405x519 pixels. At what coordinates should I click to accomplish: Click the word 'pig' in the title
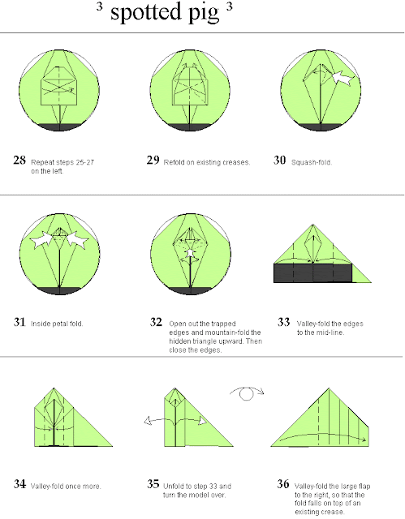coord(204,14)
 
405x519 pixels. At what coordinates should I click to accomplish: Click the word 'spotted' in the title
coord(146,12)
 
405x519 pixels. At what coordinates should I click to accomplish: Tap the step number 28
coord(19,161)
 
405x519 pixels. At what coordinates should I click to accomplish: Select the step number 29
coord(153,161)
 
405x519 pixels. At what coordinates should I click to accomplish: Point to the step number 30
coord(279,161)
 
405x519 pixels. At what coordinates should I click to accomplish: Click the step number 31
coord(19,322)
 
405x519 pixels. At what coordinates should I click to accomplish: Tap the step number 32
coord(156,322)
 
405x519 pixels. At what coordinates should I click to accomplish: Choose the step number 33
coord(283,322)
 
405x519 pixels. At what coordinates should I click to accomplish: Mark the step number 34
coord(19,484)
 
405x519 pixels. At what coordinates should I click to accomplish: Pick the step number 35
coord(153,484)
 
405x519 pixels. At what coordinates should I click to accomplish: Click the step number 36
coord(283,484)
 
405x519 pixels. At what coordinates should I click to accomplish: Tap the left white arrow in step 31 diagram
coord(41,240)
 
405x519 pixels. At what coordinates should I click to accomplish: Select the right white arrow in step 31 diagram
coord(77,240)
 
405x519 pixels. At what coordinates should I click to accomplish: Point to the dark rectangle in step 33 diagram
coord(312,273)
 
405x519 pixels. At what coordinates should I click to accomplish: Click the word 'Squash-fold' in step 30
coord(312,162)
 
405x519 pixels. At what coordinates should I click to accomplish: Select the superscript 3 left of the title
coord(99,6)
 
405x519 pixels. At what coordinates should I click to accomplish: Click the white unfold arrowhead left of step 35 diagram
coord(148,422)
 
